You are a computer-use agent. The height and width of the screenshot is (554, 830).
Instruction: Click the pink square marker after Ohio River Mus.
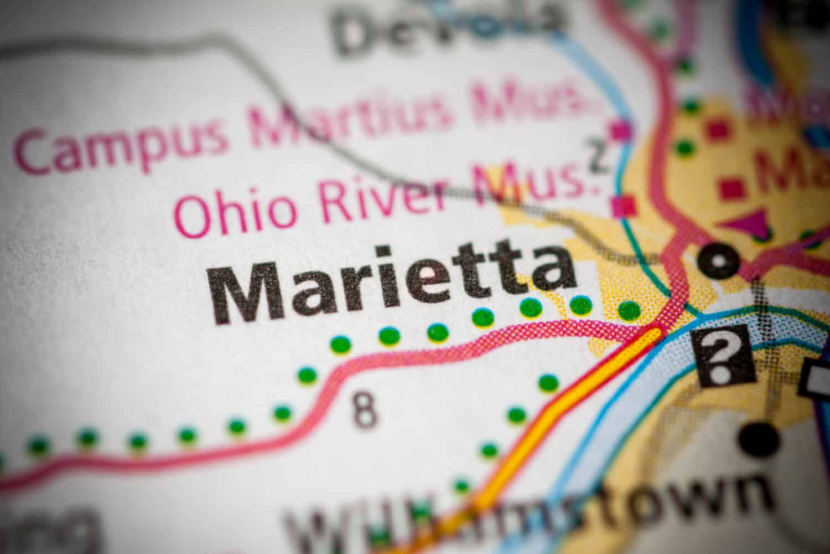[626, 206]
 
